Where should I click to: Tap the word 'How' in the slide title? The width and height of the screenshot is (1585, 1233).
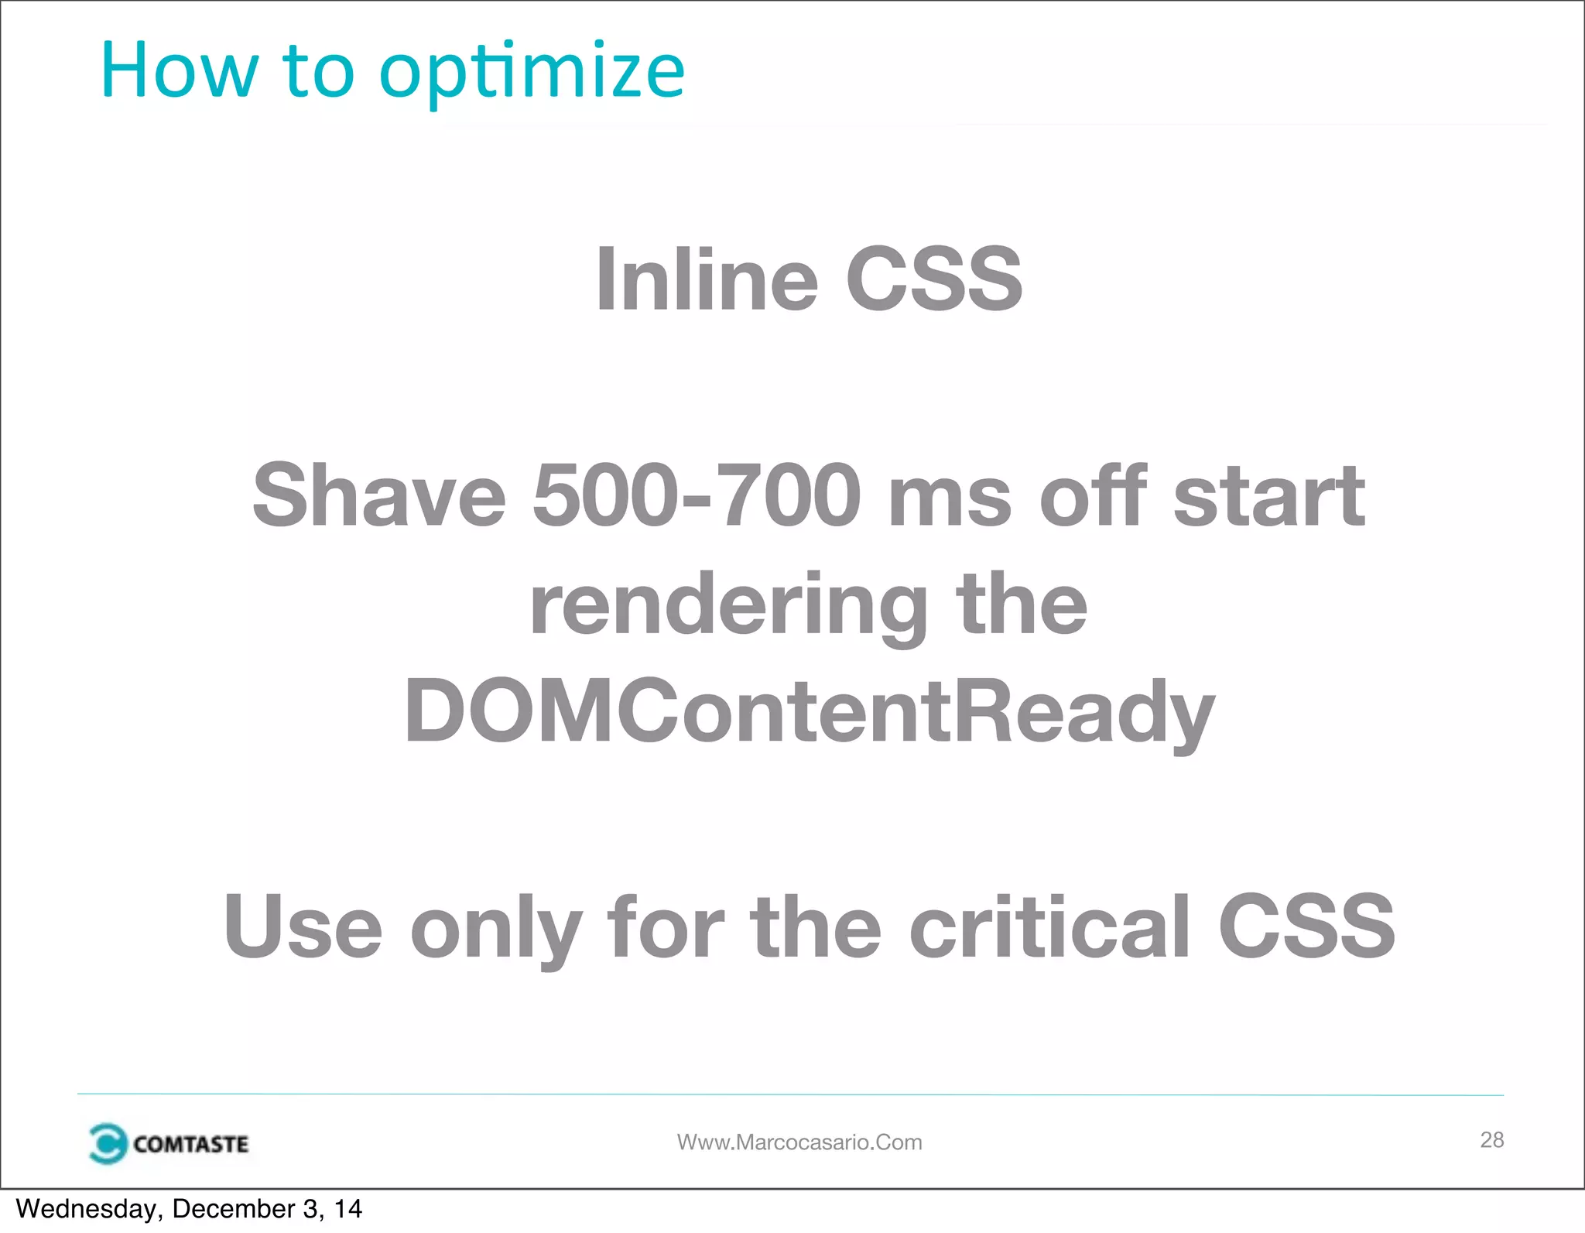click(x=179, y=71)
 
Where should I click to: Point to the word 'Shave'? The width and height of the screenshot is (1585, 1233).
click(x=379, y=495)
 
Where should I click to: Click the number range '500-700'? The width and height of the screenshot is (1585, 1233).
click(x=697, y=495)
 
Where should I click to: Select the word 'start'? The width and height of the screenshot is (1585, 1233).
click(x=1269, y=495)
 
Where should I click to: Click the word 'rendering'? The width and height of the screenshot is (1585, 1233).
click(x=728, y=608)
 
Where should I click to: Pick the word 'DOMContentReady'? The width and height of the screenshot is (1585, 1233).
click(x=809, y=712)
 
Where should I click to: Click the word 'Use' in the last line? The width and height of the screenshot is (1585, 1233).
click(x=303, y=926)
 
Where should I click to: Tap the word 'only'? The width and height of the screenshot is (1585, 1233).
click(x=496, y=927)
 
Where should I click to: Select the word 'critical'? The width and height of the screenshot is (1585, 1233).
click(x=1049, y=926)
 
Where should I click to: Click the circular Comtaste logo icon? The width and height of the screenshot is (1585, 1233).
click(x=107, y=1143)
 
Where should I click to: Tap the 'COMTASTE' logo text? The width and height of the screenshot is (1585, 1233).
click(x=190, y=1144)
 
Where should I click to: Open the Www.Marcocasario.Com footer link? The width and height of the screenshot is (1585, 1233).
click(x=799, y=1142)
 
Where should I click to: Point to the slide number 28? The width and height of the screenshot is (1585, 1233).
click(x=1491, y=1139)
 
